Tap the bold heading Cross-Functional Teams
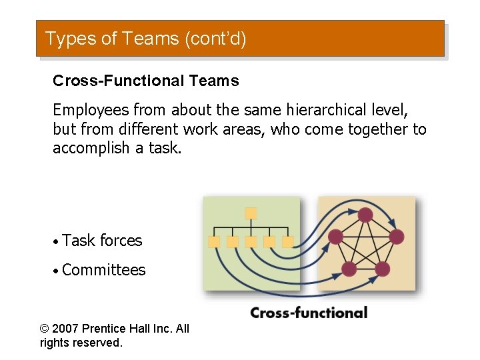pyautogui.click(x=145, y=81)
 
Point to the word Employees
pyautogui.click(x=91, y=109)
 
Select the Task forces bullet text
pyautogui.click(x=102, y=241)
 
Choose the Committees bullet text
pyautogui.click(x=103, y=270)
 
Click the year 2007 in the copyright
pyautogui.click(x=68, y=329)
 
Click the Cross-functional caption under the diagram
pyautogui.click(x=309, y=313)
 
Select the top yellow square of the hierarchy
pyautogui.click(x=251, y=213)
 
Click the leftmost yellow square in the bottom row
pyautogui.click(x=214, y=242)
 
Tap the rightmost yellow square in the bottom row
pyautogui.click(x=287, y=242)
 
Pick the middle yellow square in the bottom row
pyautogui.click(x=251, y=242)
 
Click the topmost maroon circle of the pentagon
pyautogui.click(x=365, y=215)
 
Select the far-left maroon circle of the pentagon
pyautogui.click(x=335, y=237)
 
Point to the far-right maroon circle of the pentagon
pyautogui.click(x=396, y=237)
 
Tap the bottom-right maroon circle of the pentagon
pyautogui.click(x=383, y=269)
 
